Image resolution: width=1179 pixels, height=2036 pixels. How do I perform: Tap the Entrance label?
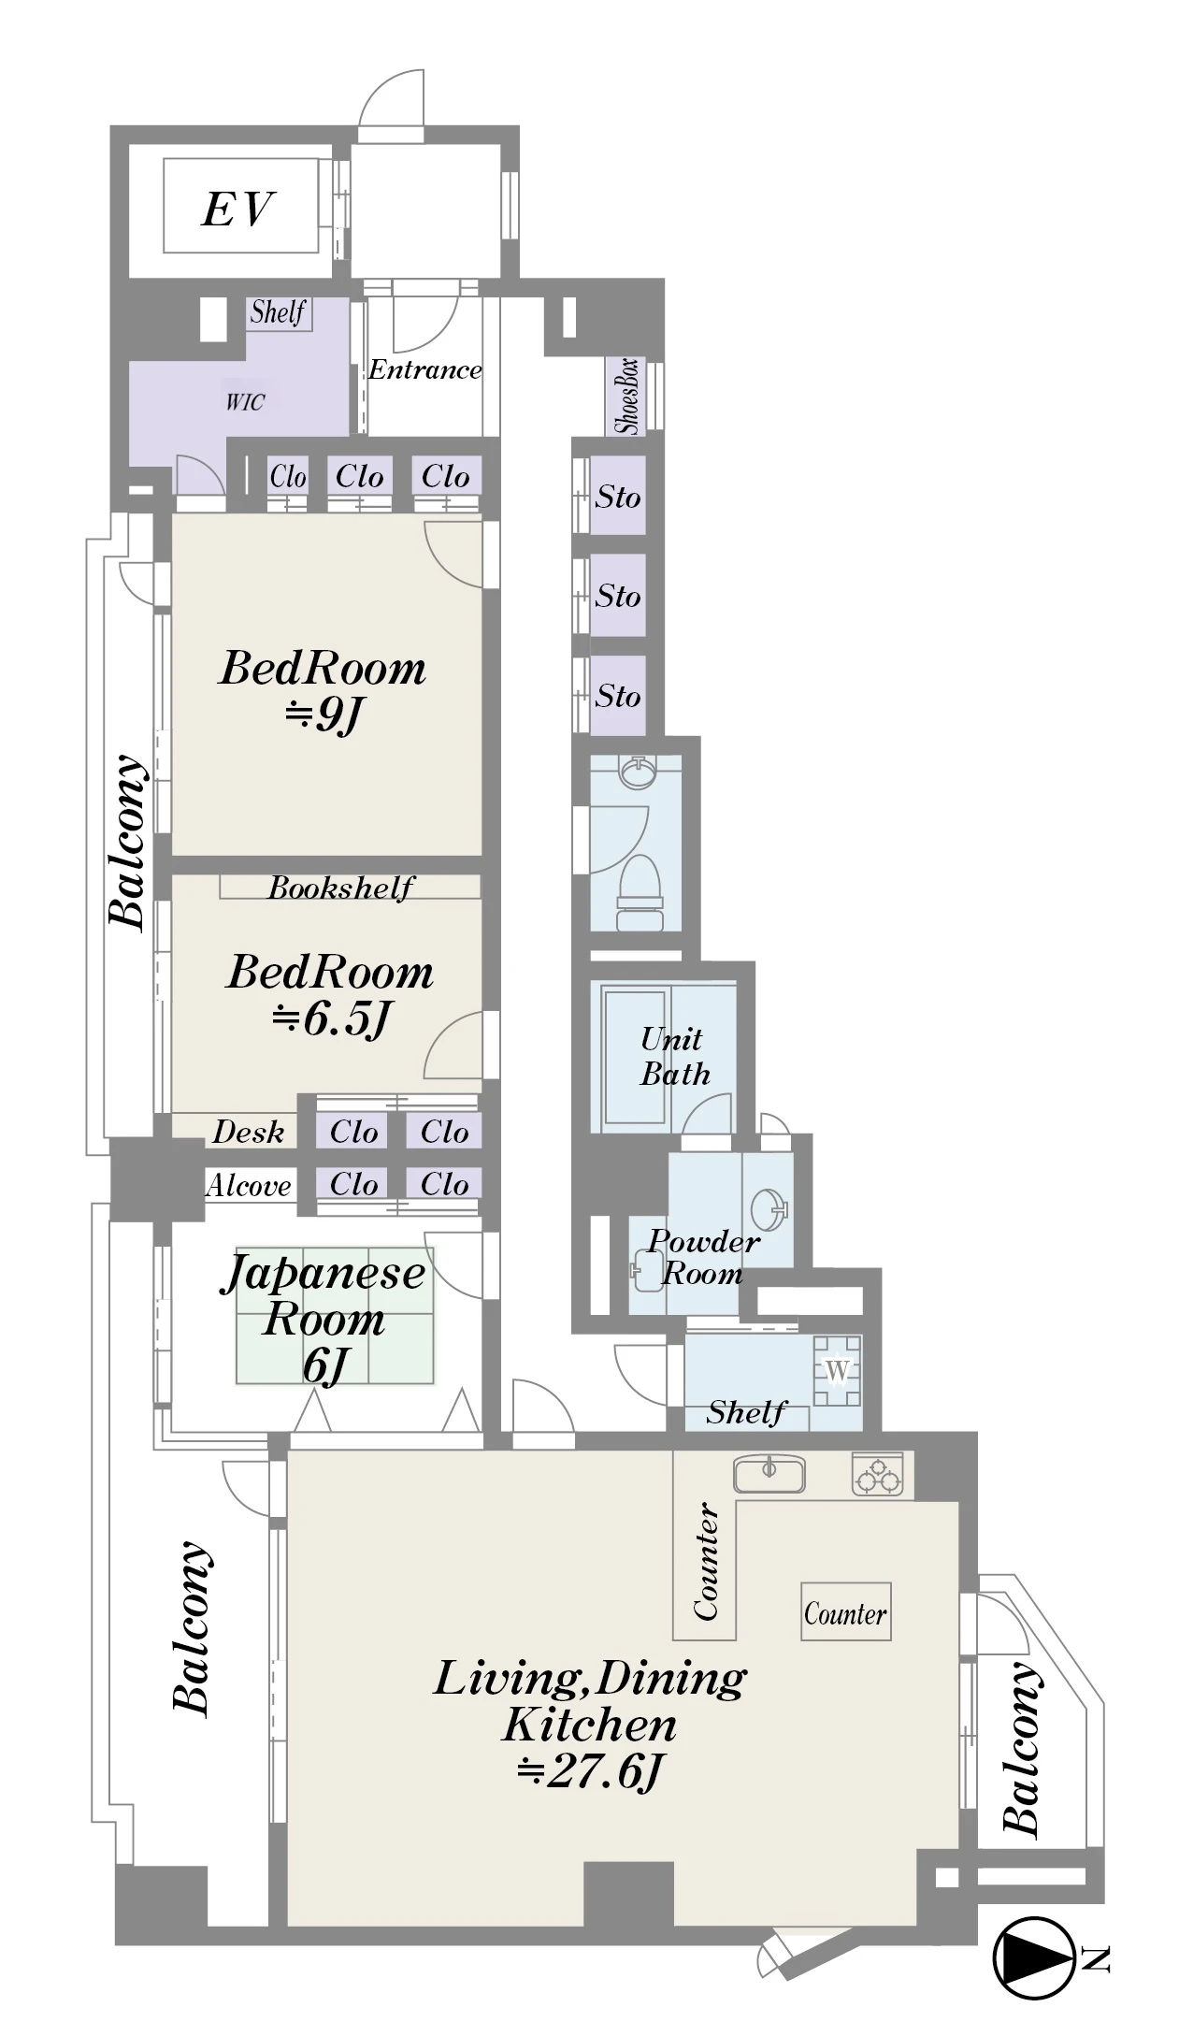(x=424, y=369)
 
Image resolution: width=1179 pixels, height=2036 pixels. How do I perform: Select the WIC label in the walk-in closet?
(x=245, y=402)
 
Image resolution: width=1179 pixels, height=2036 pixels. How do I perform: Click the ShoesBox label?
(x=628, y=396)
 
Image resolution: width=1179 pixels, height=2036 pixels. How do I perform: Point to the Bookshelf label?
(x=340, y=887)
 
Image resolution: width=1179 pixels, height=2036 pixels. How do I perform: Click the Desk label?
(x=248, y=1132)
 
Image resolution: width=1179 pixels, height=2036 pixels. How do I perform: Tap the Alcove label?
(x=249, y=1185)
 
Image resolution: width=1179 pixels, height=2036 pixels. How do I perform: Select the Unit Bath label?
(x=674, y=1056)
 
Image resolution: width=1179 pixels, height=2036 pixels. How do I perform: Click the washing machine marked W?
(x=837, y=1371)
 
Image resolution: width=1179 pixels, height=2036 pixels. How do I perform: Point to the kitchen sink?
(x=769, y=1475)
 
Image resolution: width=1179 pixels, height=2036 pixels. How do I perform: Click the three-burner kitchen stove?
(x=877, y=1474)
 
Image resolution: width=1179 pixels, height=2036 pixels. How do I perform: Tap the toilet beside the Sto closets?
(x=639, y=892)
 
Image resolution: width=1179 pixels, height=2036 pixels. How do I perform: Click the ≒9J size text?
(x=322, y=715)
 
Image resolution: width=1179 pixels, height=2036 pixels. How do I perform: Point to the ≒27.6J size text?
(x=590, y=1770)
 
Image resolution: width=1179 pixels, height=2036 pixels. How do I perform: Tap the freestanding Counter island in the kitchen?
(x=845, y=1611)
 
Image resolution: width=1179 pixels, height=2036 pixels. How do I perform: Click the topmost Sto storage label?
(x=618, y=497)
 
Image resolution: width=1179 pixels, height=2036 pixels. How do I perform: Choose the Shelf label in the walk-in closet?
(x=278, y=311)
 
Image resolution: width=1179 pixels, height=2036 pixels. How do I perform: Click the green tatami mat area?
(x=335, y=1314)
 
